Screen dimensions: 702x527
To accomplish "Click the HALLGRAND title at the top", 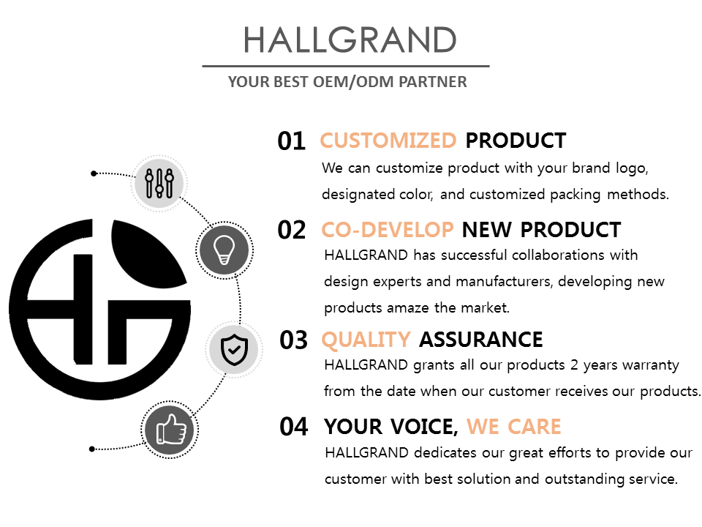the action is [x=350, y=40].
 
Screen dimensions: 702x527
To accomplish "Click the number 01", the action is [x=292, y=141].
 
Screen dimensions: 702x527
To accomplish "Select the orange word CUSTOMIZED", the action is [x=388, y=141].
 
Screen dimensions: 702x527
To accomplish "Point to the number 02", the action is [x=292, y=230].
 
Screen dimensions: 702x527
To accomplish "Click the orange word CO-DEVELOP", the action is [x=388, y=230].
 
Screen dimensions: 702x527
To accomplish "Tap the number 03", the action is [x=294, y=340].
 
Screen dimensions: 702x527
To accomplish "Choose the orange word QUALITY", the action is [x=366, y=340].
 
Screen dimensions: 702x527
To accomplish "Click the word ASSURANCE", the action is [x=481, y=340].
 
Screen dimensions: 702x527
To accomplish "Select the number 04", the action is [x=294, y=427].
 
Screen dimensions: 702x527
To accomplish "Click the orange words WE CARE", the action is [x=513, y=427].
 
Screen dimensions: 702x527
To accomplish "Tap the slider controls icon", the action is [x=159, y=183].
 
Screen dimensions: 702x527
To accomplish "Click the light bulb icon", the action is [x=224, y=250].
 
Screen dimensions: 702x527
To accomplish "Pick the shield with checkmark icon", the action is [x=234, y=349].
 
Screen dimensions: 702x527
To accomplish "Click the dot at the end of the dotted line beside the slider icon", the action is [x=94, y=173].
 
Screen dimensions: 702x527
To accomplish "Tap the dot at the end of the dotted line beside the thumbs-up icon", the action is [x=92, y=449].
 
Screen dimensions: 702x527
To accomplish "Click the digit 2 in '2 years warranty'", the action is [x=575, y=365].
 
